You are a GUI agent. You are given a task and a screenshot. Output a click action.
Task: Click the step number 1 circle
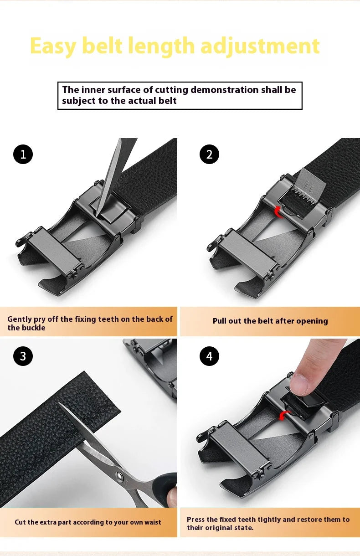pyautogui.click(x=23, y=154)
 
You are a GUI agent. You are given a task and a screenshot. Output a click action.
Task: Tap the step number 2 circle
pyautogui.click(x=209, y=154)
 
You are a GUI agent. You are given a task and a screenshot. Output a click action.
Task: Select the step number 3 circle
pyautogui.click(x=23, y=356)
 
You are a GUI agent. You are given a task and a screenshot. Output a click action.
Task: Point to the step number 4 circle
pyautogui.click(x=209, y=356)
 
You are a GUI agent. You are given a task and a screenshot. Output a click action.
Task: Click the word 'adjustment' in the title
pyautogui.click(x=260, y=46)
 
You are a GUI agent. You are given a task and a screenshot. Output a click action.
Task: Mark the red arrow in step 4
pyautogui.click(x=284, y=413)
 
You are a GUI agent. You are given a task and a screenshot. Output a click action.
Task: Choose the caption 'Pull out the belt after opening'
pyautogui.click(x=270, y=321)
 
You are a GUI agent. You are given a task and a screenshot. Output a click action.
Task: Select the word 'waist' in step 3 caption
pyautogui.click(x=150, y=522)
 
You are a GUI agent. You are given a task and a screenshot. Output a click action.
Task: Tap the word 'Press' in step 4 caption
pyautogui.click(x=196, y=519)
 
